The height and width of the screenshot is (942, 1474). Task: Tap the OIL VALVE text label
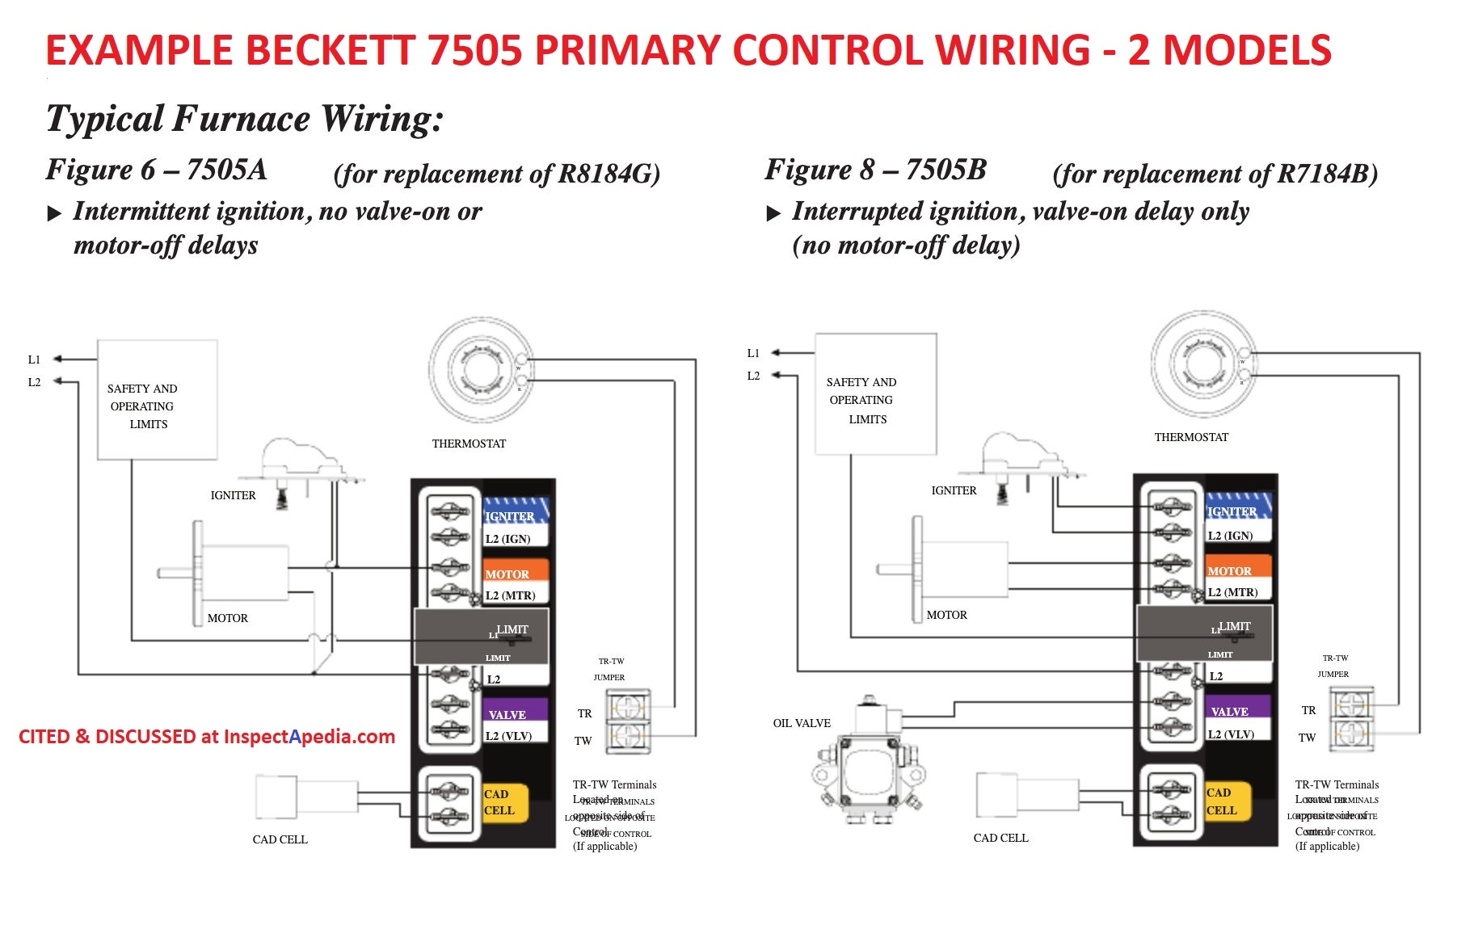802,723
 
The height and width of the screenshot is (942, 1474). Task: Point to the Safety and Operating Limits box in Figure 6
158,400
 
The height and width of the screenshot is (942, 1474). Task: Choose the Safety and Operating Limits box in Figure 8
876,394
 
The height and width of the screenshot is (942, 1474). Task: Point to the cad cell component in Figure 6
307,797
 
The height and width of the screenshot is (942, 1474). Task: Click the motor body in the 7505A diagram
242,573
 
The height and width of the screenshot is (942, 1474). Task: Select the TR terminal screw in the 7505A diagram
628,709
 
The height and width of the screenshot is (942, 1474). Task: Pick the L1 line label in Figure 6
34,360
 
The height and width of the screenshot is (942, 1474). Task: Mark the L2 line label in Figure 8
753,376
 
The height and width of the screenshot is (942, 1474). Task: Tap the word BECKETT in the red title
331,50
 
